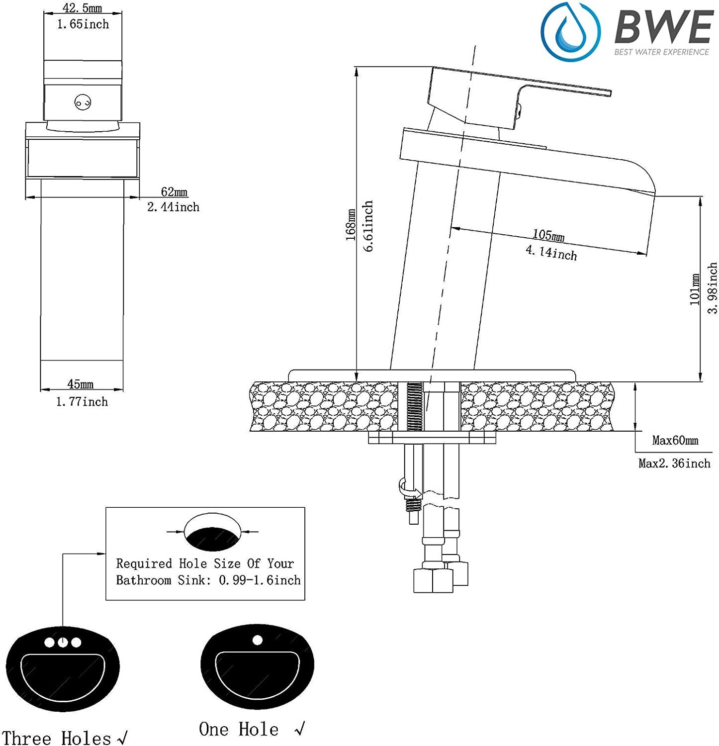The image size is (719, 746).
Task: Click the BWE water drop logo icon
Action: point(570,31)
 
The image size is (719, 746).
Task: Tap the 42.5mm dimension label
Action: point(82,8)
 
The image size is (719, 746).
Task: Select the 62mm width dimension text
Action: point(174,191)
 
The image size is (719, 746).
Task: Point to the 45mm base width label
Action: point(81,384)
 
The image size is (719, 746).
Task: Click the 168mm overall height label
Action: point(351,225)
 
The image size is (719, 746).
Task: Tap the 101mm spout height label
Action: point(695,289)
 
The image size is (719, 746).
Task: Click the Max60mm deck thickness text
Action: point(675,440)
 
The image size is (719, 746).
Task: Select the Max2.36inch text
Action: point(674,464)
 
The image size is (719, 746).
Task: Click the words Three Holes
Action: point(57,738)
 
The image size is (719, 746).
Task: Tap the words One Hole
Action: point(239,729)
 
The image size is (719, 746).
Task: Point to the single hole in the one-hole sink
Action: point(257,640)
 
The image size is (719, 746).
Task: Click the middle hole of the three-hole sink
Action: point(63,642)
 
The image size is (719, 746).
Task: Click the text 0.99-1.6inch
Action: point(260,580)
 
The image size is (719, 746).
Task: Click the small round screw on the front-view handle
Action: point(83,103)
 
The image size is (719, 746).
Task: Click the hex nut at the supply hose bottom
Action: point(433,580)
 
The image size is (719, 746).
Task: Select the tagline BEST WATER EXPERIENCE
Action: point(661,52)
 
